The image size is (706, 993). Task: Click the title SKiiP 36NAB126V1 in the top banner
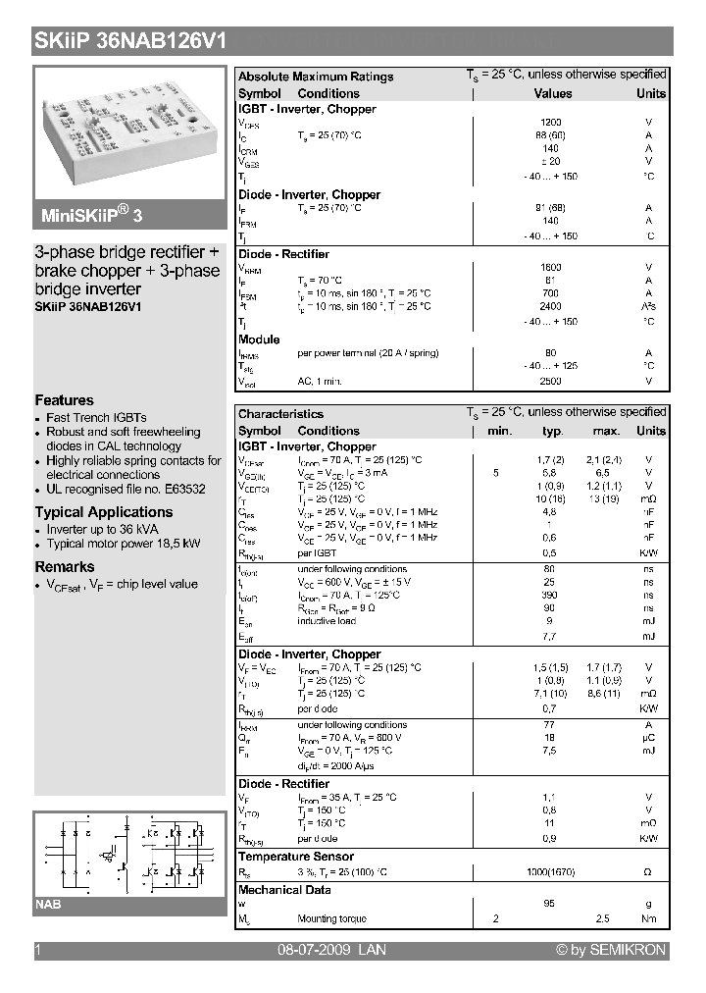(x=131, y=41)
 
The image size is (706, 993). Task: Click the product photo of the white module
(x=130, y=131)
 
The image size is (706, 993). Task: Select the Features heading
(x=65, y=400)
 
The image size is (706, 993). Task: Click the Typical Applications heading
(x=104, y=512)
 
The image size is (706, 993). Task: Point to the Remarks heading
(x=65, y=567)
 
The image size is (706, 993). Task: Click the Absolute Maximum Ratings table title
(x=316, y=77)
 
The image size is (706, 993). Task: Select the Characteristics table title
(x=280, y=414)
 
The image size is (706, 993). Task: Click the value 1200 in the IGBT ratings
(x=551, y=123)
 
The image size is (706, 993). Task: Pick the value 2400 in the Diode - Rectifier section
(x=551, y=306)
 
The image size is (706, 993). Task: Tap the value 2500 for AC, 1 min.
(x=551, y=380)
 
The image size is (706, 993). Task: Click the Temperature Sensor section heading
(x=296, y=857)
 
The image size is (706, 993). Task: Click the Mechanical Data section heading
(x=284, y=890)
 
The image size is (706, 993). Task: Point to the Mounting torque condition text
(x=331, y=918)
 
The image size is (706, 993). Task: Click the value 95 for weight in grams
(x=550, y=904)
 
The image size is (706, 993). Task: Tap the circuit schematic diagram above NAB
(x=130, y=853)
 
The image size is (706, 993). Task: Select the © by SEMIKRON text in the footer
(x=610, y=950)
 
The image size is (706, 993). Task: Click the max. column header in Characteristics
(x=606, y=431)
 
